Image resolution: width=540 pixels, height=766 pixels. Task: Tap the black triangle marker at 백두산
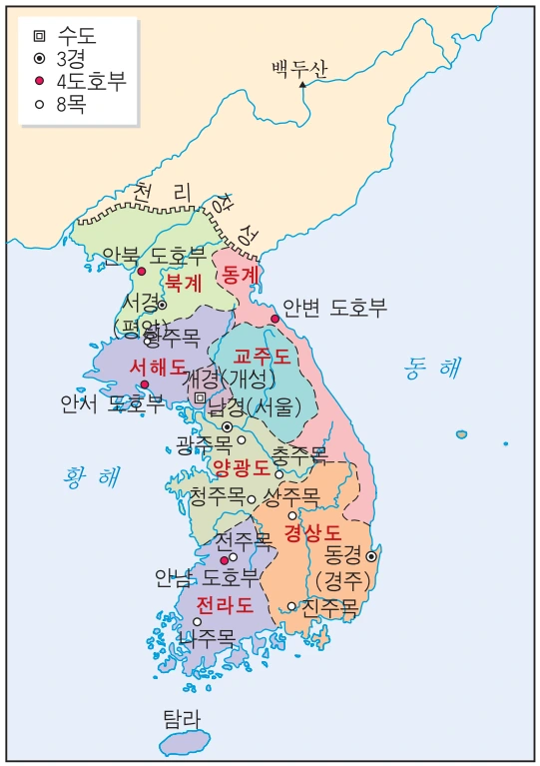click(302, 85)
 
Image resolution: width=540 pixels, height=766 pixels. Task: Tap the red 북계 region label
click(184, 282)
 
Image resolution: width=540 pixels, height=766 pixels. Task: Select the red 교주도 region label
click(263, 356)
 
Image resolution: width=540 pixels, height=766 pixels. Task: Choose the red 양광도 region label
click(241, 466)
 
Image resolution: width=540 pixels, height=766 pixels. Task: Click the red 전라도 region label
click(224, 604)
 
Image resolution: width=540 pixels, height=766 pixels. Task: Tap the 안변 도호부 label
click(334, 307)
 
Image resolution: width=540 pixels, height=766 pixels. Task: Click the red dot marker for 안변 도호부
click(275, 319)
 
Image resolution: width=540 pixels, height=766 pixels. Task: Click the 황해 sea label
click(89, 475)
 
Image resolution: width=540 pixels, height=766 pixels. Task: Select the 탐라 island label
click(182, 717)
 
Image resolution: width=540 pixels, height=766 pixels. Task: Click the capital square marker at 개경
click(200, 398)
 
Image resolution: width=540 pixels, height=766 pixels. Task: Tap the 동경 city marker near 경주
click(370, 556)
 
